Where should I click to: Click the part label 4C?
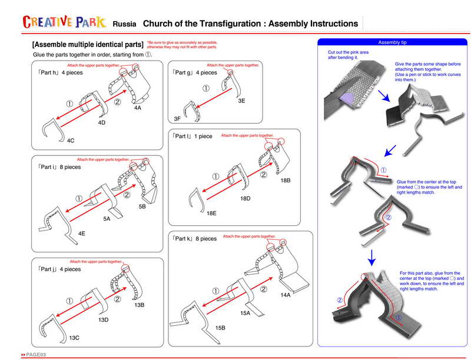coord(70,141)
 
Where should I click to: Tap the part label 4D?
coord(101,123)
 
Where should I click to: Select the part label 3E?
coord(241,101)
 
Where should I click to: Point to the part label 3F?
coord(177,119)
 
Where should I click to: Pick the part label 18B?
coord(286,180)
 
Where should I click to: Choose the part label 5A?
coord(107,219)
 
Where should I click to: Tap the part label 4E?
coord(82,234)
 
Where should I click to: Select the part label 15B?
coord(220,327)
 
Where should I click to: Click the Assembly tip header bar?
coord(393,43)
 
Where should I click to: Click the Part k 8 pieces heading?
coord(194,239)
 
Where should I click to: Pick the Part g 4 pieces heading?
coord(194,72)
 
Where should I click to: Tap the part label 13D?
coord(104,320)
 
